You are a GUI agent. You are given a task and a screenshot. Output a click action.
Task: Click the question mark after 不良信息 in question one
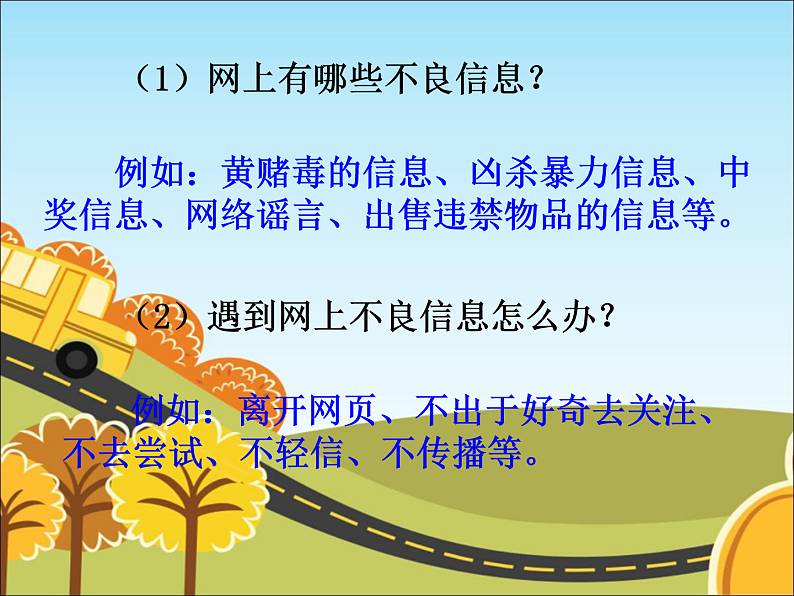(538, 78)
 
